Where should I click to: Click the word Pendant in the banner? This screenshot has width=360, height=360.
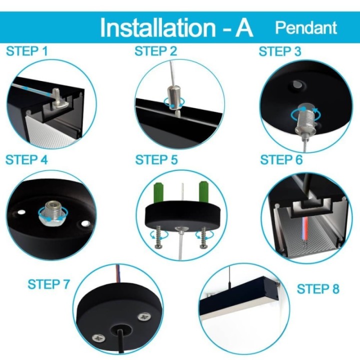point(306,28)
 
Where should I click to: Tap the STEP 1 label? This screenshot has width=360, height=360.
point(27,51)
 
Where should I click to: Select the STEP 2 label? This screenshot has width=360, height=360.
point(155,51)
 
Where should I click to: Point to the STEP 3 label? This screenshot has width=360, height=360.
point(279,51)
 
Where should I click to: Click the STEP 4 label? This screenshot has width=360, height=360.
point(26,159)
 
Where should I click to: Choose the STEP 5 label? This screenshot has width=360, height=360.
point(156,159)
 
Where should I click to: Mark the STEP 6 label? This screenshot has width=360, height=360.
point(281,159)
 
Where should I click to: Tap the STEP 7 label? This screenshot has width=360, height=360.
point(48,284)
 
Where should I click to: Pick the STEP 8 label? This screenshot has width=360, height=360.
point(318,289)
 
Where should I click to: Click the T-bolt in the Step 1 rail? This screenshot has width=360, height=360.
point(58,99)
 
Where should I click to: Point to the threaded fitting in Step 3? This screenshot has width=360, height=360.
point(305,119)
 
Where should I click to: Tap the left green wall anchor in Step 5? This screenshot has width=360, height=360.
point(158,192)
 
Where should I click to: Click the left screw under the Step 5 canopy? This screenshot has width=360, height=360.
point(158,237)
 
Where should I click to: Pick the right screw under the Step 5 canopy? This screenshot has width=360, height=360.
point(203,237)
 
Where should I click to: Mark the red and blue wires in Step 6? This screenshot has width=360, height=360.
point(304,229)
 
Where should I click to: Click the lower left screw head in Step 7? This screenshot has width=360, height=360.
point(99,337)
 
